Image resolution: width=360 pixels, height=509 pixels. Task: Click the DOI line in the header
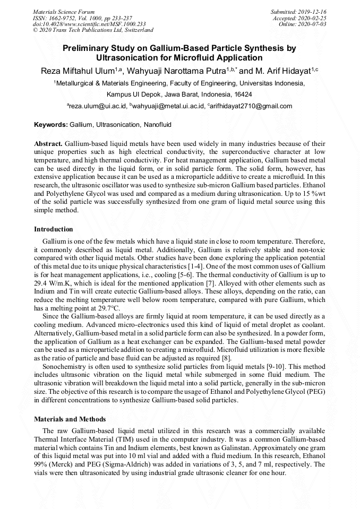[89, 24]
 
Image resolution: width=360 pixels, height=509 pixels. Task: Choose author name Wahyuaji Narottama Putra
[181, 71]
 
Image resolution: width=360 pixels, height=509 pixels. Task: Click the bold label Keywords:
[50, 125]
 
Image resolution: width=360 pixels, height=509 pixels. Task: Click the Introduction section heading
[54, 229]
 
